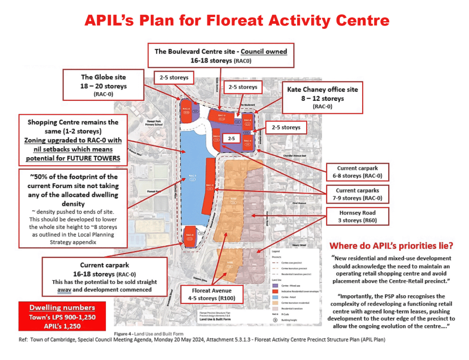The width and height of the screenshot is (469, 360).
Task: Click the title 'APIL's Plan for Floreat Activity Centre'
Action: click(x=237, y=20)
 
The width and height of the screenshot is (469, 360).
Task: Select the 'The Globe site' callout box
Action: click(x=104, y=85)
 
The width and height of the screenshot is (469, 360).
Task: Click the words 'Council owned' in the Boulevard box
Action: click(x=264, y=51)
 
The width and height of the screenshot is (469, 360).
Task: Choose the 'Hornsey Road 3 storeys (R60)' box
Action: click(x=357, y=216)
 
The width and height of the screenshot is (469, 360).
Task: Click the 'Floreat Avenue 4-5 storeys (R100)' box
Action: click(x=211, y=294)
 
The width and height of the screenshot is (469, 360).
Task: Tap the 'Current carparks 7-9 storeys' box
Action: click(x=357, y=194)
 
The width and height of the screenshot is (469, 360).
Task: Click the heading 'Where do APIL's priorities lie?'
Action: click(x=392, y=245)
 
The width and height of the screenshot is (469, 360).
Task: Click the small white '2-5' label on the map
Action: click(x=232, y=138)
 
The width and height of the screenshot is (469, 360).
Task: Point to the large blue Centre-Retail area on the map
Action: click(x=191, y=179)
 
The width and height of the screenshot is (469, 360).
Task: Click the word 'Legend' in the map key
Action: click(x=276, y=252)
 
